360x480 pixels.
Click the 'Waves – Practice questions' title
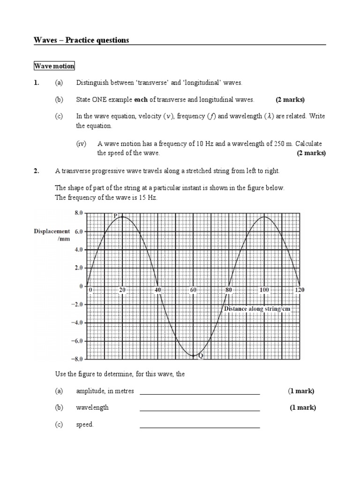coord(81,40)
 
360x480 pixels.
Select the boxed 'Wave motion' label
coord(54,66)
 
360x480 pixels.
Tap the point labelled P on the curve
coord(115,216)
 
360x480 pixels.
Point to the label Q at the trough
coord(201,356)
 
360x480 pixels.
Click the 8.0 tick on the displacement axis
coord(78,213)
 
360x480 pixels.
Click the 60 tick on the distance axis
coord(193,290)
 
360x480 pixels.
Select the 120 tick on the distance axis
coord(299,290)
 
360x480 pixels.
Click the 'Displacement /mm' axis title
coord(52,235)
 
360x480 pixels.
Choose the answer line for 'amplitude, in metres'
coord(200,394)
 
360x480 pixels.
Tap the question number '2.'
coord(37,171)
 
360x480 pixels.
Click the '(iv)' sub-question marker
coord(82,144)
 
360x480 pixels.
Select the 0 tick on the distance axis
coord(91,290)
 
